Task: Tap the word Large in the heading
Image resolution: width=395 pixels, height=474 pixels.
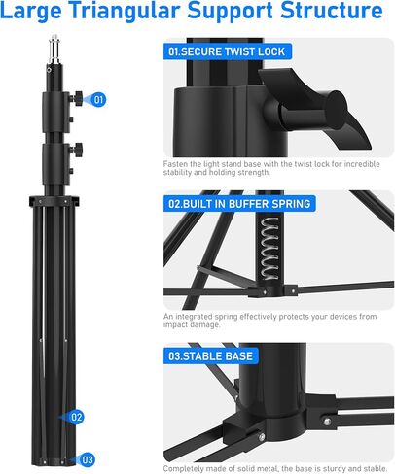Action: point(35,14)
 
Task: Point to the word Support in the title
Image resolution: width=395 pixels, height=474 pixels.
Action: point(231,14)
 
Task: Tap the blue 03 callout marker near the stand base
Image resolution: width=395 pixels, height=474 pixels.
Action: point(88,458)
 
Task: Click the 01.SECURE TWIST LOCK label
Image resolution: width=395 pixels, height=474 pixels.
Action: point(227,51)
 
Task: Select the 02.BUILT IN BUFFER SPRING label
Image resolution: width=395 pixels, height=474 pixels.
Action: point(239,204)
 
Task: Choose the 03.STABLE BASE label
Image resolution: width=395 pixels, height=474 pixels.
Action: point(211,356)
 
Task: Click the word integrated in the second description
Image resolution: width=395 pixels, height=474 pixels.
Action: point(195,317)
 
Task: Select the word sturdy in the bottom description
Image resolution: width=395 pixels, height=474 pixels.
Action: point(331,468)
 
